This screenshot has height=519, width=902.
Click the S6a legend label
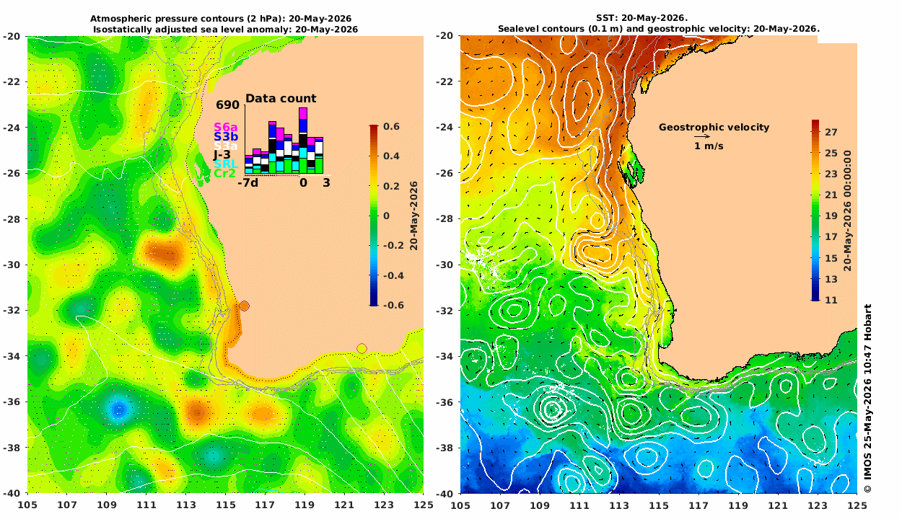click(225, 128)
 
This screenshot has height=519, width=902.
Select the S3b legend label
click(225, 137)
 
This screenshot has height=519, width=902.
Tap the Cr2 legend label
click(224, 174)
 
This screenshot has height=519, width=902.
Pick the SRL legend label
click(225, 164)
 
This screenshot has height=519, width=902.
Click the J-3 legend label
click(222, 155)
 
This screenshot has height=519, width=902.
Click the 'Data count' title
click(281, 99)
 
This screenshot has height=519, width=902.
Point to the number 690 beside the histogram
click(227, 105)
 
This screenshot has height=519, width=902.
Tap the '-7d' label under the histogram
click(248, 183)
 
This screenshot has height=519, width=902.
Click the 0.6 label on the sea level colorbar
click(391, 126)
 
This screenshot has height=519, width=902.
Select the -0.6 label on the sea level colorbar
click(393, 305)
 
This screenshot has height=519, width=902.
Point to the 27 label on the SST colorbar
click(831, 132)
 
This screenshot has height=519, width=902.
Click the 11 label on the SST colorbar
click(831, 300)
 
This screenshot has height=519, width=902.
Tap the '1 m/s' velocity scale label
click(709, 146)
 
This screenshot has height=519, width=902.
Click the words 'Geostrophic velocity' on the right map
click(714, 128)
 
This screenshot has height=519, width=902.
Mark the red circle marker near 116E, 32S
click(244, 306)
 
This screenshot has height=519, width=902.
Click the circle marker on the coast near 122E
click(362, 348)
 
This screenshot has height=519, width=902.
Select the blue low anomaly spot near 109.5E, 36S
click(119, 409)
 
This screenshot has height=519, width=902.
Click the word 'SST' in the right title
click(605, 18)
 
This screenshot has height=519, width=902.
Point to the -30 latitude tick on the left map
click(12, 265)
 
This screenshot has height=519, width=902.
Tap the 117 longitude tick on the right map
click(699, 505)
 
